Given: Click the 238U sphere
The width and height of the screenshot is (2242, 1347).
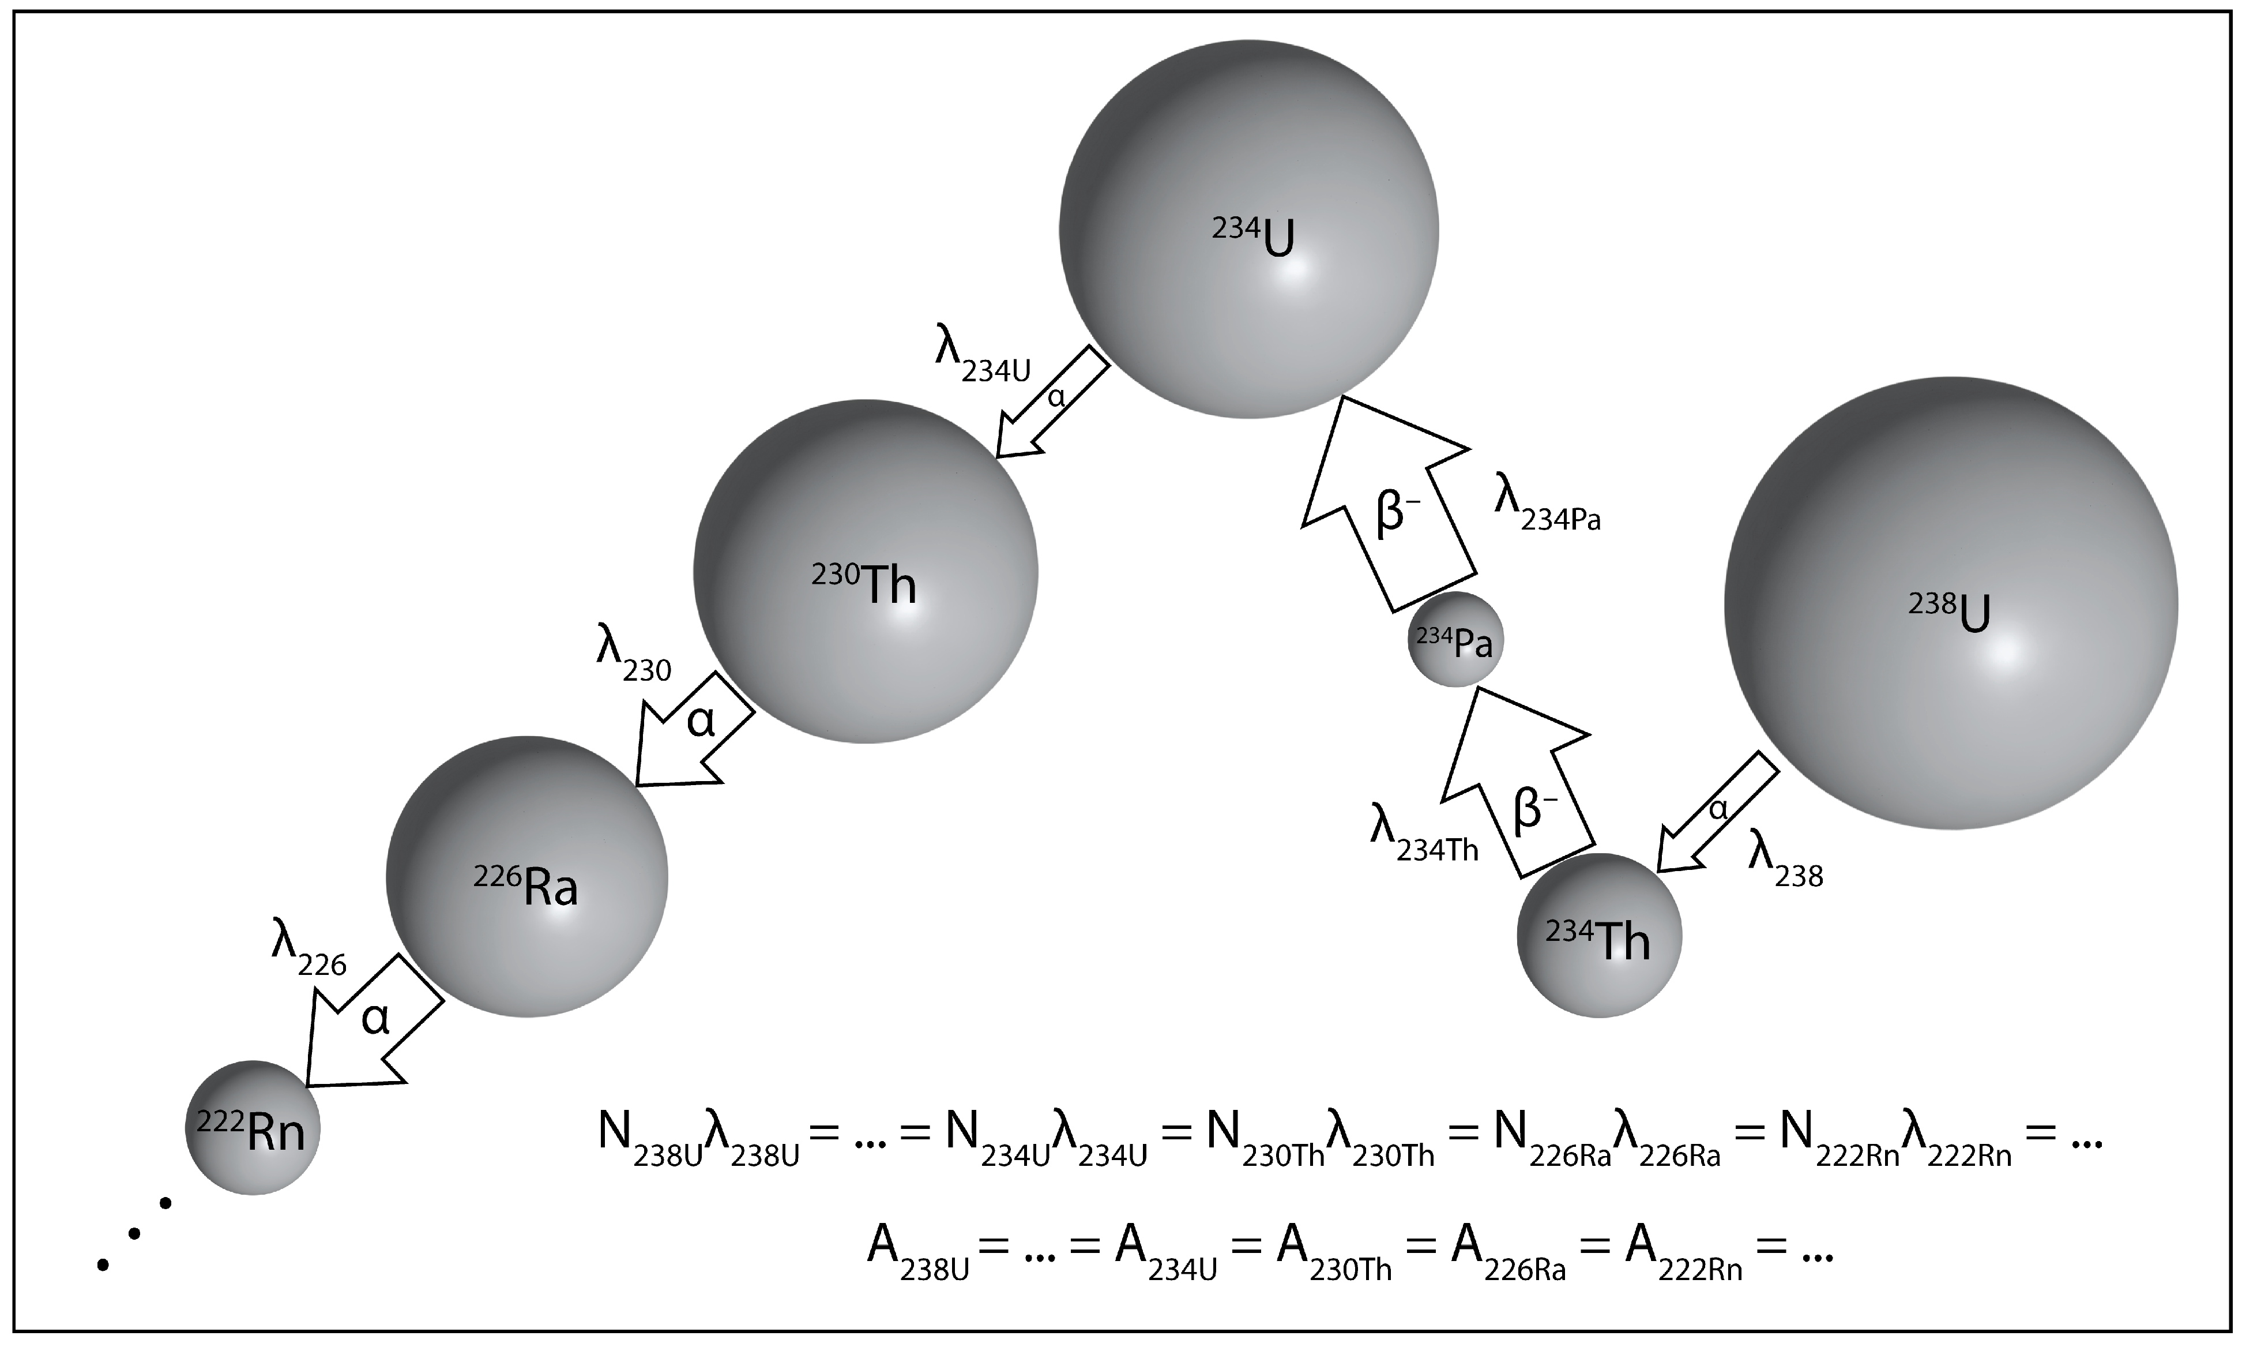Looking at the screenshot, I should click(1951, 603).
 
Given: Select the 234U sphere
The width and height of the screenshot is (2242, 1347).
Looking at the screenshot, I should click(1248, 229).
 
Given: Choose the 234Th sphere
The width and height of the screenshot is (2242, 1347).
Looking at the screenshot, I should click(1598, 935).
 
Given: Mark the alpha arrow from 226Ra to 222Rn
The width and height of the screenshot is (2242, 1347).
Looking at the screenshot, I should click(372, 1021).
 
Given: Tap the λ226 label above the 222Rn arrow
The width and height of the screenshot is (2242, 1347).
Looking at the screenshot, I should click(309, 948).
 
